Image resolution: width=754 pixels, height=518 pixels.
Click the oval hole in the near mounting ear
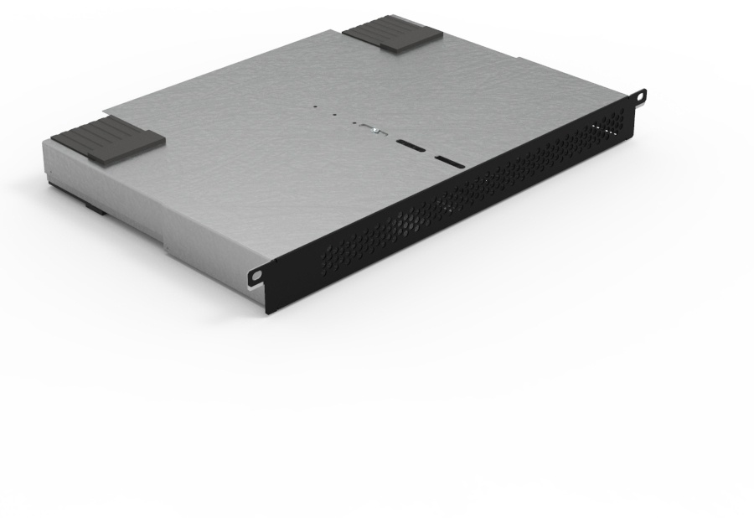[x=256, y=275]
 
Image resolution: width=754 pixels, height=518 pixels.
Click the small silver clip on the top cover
[x=371, y=129]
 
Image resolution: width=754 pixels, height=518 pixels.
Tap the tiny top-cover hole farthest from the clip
[x=316, y=106]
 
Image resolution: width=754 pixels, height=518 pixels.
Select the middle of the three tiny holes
[x=335, y=114]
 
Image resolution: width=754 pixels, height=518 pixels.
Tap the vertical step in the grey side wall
[x=166, y=242]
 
